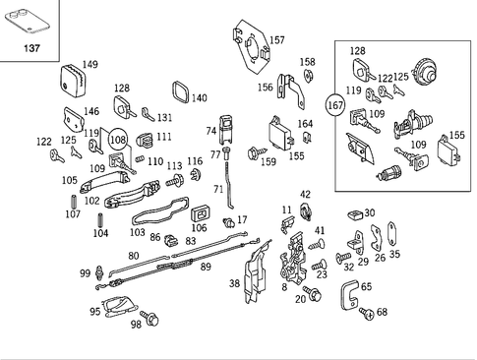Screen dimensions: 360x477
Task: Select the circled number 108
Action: (117, 141)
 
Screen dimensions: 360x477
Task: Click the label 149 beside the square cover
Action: (89, 65)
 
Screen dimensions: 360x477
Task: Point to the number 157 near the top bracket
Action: (276, 40)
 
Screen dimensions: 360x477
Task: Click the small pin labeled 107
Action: (72, 212)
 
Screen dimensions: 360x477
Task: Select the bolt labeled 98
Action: (150, 319)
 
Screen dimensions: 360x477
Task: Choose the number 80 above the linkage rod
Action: (134, 257)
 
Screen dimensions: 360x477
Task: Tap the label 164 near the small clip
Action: (306, 124)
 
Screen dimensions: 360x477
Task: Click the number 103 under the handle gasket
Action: (137, 232)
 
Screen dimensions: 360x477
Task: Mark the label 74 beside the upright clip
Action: (210, 130)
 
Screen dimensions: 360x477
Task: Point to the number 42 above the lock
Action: (305, 194)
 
